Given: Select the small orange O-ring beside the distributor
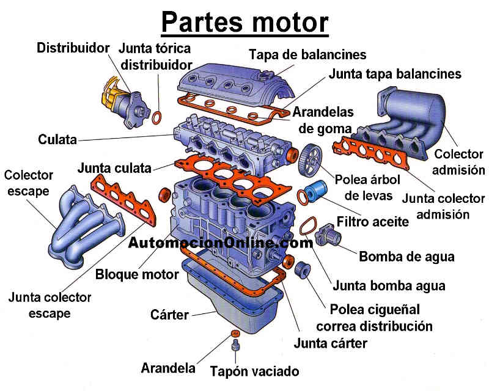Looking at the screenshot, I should pyautogui.click(x=158, y=116).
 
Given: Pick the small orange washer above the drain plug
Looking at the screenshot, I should pyautogui.click(x=234, y=334).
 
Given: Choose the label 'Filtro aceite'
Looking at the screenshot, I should pyautogui.click(x=373, y=221).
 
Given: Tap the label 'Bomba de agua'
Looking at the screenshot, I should pyautogui.click(x=406, y=256).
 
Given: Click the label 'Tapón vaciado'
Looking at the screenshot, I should pyautogui.click(x=255, y=371).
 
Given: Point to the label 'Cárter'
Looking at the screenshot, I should pyautogui.click(x=169, y=315).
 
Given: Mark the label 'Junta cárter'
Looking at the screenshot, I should pyautogui.click(x=330, y=343).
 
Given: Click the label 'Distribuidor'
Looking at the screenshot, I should pyautogui.click(x=73, y=46).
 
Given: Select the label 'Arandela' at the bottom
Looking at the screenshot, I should pyautogui.click(x=167, y=368).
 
